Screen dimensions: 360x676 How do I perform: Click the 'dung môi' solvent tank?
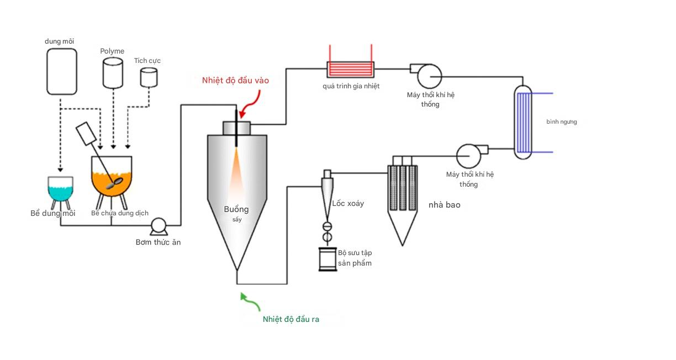click(61, 71)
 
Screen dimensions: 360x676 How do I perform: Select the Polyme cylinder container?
click(113, 72)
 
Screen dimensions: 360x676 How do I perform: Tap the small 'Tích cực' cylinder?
click(149, 77)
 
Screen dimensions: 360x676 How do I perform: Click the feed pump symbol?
click(159, 225)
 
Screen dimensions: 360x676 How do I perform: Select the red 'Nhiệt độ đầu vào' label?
click(235, 81)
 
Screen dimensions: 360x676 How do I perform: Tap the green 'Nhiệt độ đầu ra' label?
click(291, 319)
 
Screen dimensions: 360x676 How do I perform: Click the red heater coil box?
click(350, 70)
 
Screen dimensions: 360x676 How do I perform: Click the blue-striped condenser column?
click(522, 122)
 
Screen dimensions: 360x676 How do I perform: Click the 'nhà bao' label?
click(444, 205)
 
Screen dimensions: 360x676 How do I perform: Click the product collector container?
click(328, 259)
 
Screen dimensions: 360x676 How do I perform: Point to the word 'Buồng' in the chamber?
click(236, 209)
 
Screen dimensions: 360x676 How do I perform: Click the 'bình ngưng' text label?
click(561, 121)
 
